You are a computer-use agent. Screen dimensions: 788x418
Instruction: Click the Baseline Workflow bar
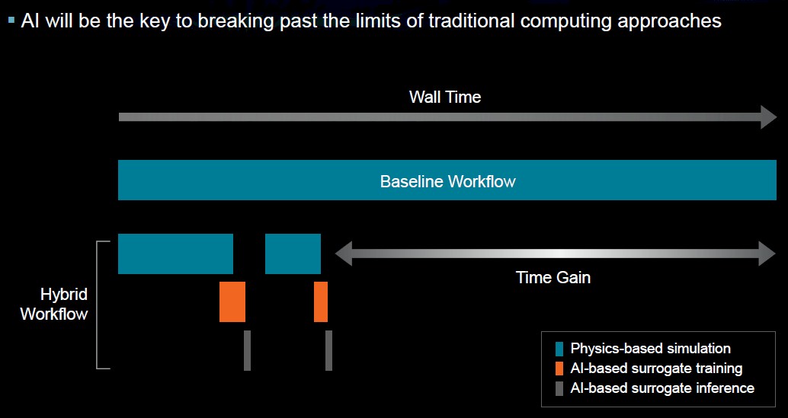[x=447, y=180]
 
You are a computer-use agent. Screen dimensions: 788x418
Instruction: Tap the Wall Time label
[x=445, y=97]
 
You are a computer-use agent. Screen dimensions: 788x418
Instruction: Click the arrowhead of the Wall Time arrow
[x=769, y=117]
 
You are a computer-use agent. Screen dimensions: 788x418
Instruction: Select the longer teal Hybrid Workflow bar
[x=175, y=254]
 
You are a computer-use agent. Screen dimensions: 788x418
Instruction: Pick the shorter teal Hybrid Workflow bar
[x=293, y=254]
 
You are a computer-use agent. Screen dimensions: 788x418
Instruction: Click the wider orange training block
[x=232, y=302]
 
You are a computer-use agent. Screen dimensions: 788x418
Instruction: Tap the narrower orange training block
[x=321, y=302]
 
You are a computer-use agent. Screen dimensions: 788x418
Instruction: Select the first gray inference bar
[x=247, y=350]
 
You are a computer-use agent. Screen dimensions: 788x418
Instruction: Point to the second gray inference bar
[x=328, y=350]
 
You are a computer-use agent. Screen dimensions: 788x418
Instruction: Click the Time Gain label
[x=553, y=277]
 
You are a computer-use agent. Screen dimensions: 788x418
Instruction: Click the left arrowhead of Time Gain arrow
[x=343, y=254]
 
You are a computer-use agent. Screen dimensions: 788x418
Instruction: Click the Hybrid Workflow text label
[x=54, y=304]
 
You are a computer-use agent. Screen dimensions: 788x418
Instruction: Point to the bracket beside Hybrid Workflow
[x=97, y=305]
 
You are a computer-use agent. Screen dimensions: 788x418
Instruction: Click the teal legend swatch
[x=559, y=349]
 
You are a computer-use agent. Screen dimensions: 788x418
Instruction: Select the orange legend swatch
[x=559, y=369]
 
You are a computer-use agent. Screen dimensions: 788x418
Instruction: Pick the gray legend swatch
[x=559, y=389]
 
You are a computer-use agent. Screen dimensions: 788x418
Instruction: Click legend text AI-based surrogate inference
[x=662, y=388]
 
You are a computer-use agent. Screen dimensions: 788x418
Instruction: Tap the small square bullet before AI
[x=11, y=21]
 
